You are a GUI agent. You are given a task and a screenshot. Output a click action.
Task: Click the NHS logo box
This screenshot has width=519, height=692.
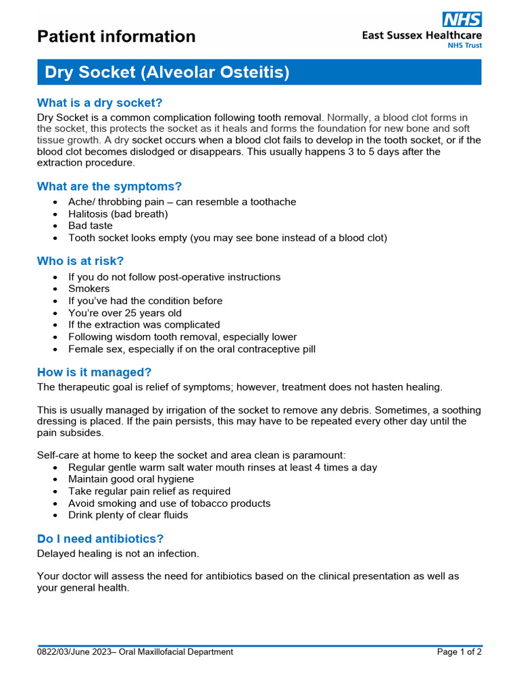tap(462, 19)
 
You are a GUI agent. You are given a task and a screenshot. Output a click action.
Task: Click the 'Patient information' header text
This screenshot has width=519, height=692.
tap(116, 36)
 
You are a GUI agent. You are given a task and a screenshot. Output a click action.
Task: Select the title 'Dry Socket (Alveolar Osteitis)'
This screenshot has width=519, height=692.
tap(167, 72)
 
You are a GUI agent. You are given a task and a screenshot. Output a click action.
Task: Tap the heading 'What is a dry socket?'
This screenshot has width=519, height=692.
tap(99, 103)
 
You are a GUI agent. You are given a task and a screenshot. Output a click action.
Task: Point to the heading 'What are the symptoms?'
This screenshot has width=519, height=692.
tap(109, 187)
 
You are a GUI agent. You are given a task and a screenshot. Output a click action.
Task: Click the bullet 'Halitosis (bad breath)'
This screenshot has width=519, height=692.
tap(118, 214)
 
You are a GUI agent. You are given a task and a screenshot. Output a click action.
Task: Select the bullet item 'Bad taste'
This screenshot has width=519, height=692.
tap(91, 226)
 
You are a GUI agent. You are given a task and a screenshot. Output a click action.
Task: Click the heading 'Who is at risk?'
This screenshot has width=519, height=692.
tap(80, 261)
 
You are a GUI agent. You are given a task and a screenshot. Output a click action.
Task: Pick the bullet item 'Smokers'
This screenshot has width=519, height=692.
tap(89, 289)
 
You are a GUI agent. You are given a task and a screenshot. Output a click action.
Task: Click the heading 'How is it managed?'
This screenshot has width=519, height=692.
tap(94, 372)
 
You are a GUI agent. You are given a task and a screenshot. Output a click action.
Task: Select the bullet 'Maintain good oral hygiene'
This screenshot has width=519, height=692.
tap(131, 479)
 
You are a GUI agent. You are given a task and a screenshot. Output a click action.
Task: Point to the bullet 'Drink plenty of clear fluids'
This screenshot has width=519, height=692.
tap(128, 515)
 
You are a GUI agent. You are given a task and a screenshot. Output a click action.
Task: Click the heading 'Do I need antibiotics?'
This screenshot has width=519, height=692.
tap(100, 539)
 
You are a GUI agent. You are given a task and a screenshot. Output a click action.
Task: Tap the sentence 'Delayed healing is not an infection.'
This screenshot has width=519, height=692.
tap(118, 553)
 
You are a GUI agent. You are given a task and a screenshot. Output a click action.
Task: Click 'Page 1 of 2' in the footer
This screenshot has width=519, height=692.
tap(459, 652)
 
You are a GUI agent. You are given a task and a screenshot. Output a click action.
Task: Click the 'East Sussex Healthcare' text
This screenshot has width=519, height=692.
tap(422, 36)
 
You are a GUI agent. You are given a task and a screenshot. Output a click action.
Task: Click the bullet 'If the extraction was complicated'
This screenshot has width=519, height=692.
tap(144, 324)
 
